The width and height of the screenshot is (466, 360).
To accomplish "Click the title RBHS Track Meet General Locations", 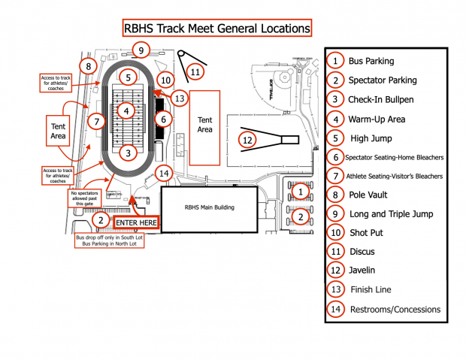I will click(x=216, y=29).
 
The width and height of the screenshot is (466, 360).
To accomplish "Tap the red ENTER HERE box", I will click(x=136, y=223).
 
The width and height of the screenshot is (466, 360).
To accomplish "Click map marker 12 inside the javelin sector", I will click(x=248, y=140).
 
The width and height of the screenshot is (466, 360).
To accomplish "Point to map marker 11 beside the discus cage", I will click(x=195, y=71).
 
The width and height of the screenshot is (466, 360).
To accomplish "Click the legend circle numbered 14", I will click(x=336, y=309).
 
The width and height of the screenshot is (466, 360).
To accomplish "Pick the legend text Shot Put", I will click(x=368, y=233).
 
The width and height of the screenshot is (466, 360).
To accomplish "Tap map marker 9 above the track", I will click(x=141, y=50).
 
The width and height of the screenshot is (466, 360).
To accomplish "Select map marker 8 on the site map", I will click(x=89, y=67).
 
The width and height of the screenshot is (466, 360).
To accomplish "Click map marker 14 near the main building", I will click(x=165, y=174).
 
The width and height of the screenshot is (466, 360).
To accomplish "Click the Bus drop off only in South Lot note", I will click(x=110, y=241).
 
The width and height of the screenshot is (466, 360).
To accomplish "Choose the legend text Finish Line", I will click(x=371, y=290).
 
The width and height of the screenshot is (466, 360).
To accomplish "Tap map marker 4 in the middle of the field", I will click(x=129, y=111).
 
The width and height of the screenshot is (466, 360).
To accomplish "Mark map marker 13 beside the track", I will click(x=178, y=98).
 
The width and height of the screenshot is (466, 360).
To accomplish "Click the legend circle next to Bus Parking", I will click(x=336, y=61).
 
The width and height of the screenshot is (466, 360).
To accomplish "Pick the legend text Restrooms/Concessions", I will click(x=395, y=309).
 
